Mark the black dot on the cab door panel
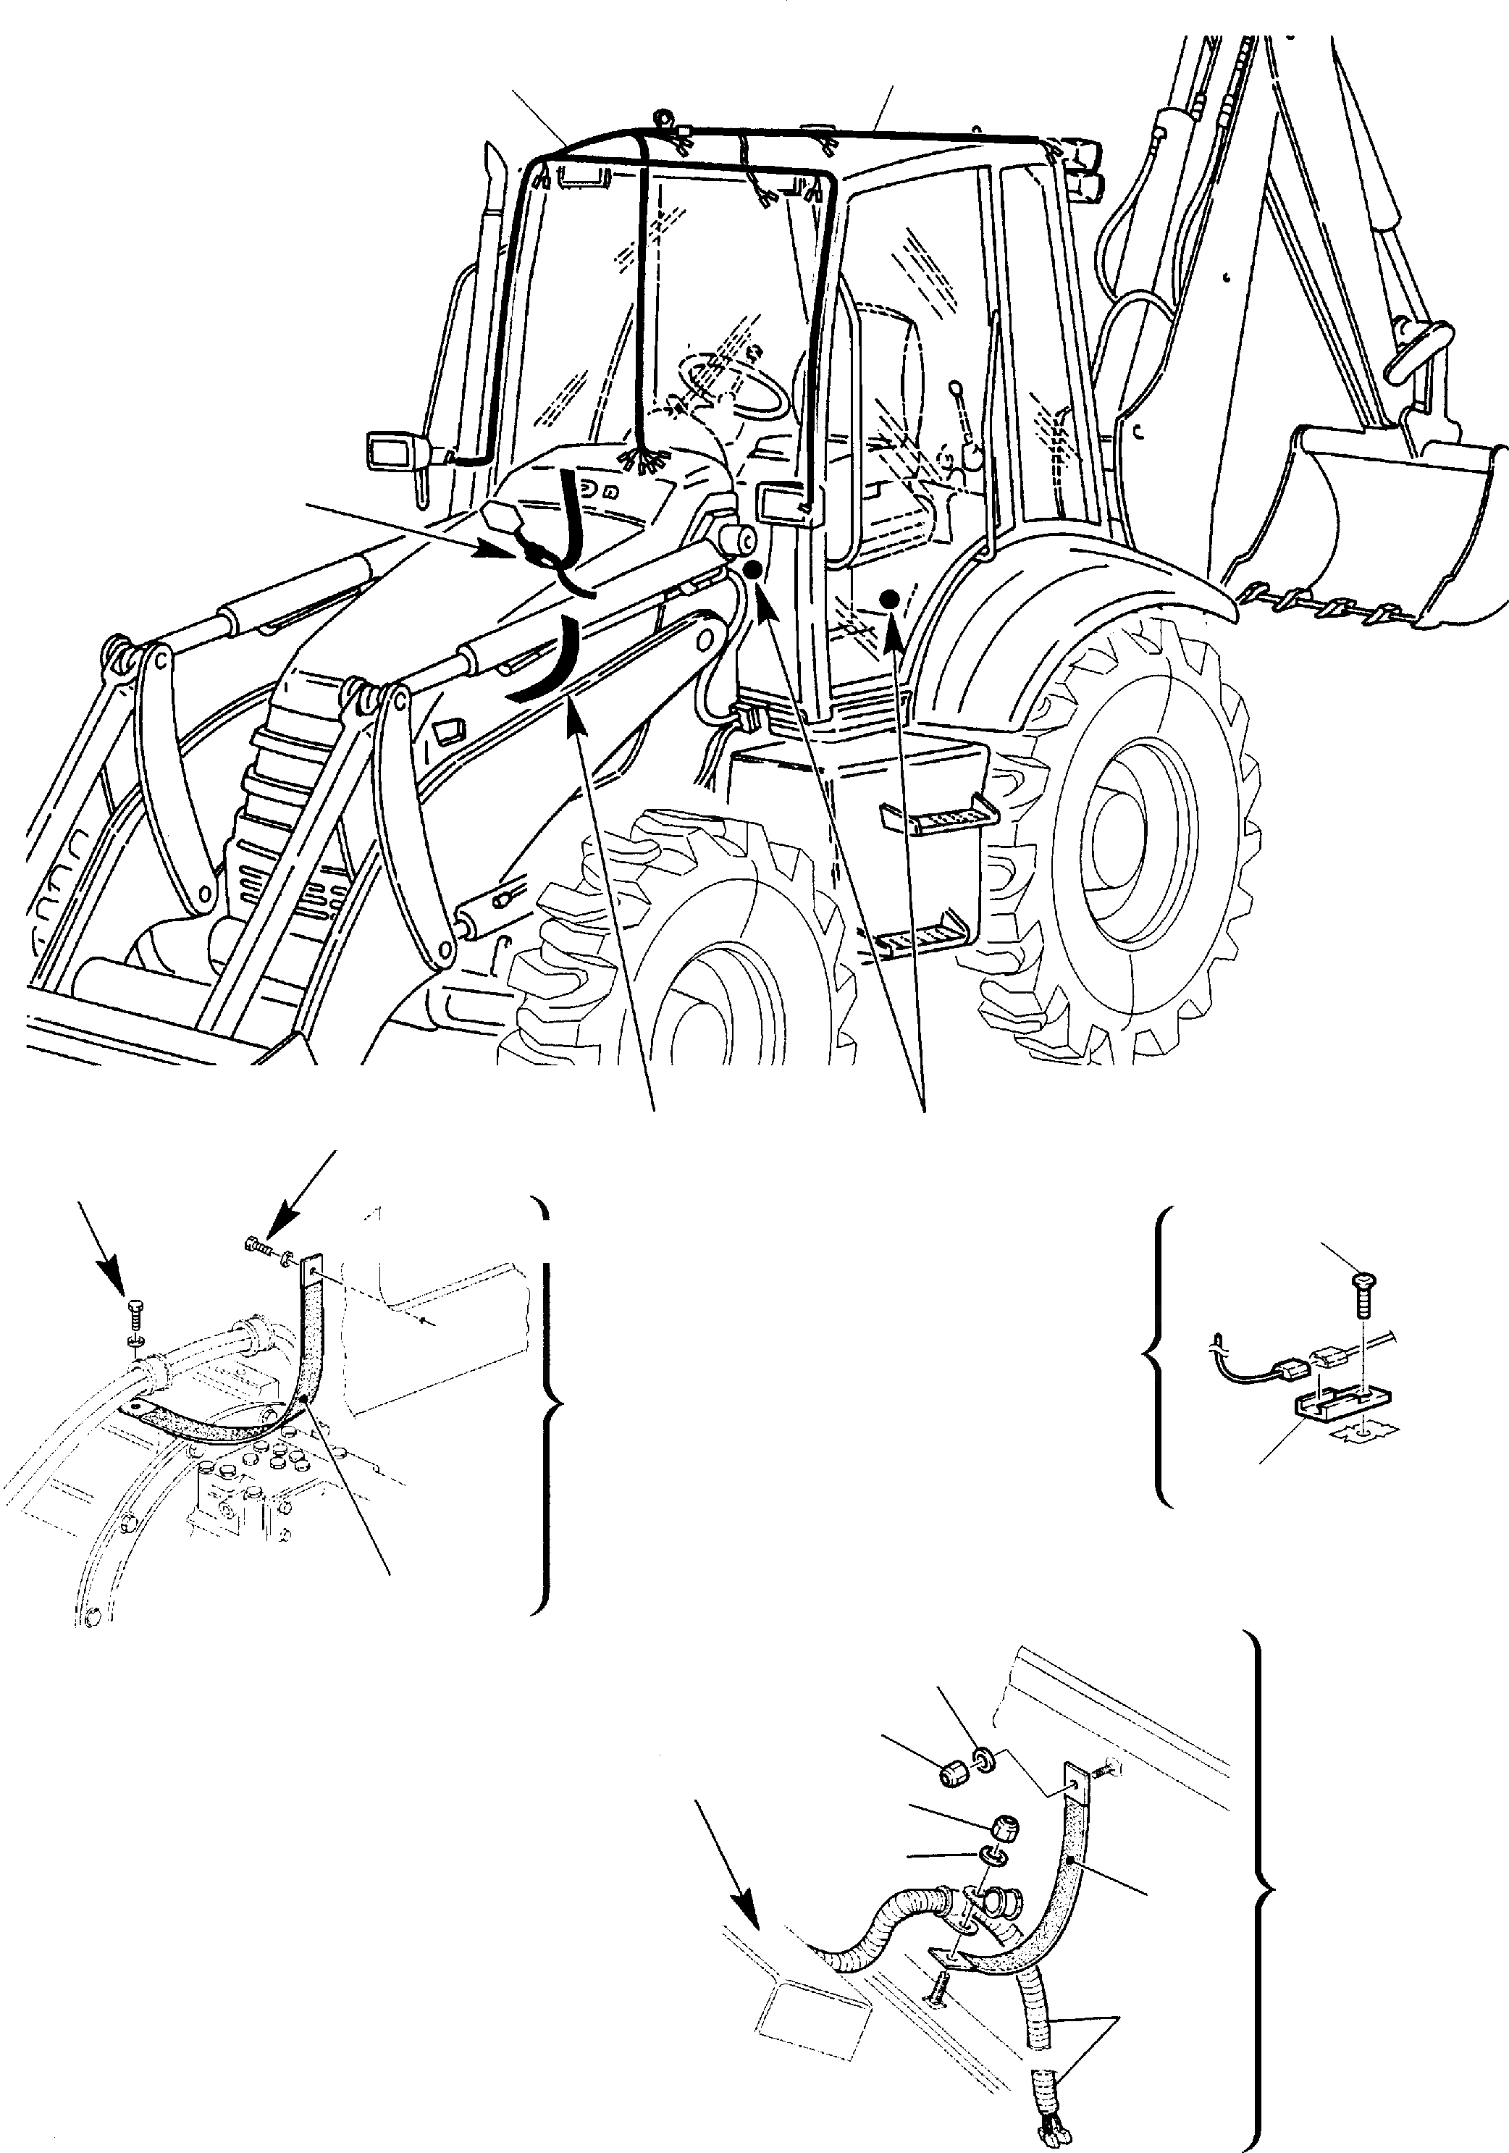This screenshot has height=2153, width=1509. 890,597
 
